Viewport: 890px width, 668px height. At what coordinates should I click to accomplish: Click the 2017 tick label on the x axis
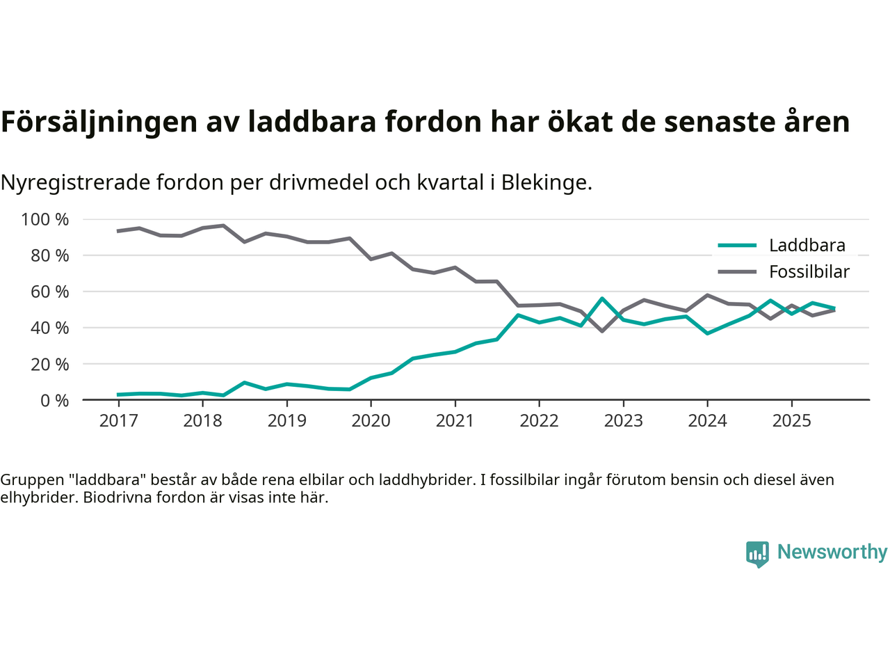[x=118, y=420]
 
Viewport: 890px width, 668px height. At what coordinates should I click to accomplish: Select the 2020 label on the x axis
[x=371, y=420]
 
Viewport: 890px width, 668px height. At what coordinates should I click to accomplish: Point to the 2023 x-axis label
[x=623, y=420]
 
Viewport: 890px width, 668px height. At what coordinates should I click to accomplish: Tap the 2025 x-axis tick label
[x=791, y=420]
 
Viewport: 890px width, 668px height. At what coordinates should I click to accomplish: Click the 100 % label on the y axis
[x=45, y=220]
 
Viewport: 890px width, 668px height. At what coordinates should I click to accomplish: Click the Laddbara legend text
[x=807, y=245]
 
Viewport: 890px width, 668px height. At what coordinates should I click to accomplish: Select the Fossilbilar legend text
[x=809, y=271]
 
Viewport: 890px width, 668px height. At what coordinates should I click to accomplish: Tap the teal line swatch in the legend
[x=736, y=245]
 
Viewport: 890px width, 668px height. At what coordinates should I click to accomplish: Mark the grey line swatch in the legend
[x=736, y=271]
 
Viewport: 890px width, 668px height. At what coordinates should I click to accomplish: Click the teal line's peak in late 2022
[x=602, y=299]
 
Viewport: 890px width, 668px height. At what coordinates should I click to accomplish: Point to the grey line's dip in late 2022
[x=602, y=331]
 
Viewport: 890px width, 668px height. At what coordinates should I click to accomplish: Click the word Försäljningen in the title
[x=99, y=122]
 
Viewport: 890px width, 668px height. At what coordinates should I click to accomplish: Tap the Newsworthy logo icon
[x=757, y=554]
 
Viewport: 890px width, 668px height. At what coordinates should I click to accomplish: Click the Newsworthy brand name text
[x=832, y=552]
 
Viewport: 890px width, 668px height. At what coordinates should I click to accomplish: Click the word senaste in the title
[x=719, y=122]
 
